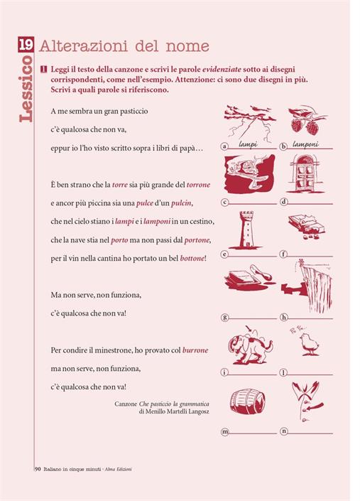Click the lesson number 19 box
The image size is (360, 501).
click(26, 44)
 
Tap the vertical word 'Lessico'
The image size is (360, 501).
click(26, 89)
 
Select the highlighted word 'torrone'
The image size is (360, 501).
click(198, 185)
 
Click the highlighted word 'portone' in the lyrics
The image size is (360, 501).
click(197, 240)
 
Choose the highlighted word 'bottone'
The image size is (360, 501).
click(192, 258)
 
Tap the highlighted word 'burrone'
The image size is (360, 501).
click(195, 350)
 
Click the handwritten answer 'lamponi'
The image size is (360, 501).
click(305, 145)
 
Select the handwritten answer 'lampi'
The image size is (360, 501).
click(248, 144)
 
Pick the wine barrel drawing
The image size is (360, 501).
click(248, 402)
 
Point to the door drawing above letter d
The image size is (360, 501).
click(305, 173)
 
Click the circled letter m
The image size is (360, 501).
click(225, 431)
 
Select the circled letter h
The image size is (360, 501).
click(283, 317)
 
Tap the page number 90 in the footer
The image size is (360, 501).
click(38, 469)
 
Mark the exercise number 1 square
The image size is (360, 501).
click(44, 70)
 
